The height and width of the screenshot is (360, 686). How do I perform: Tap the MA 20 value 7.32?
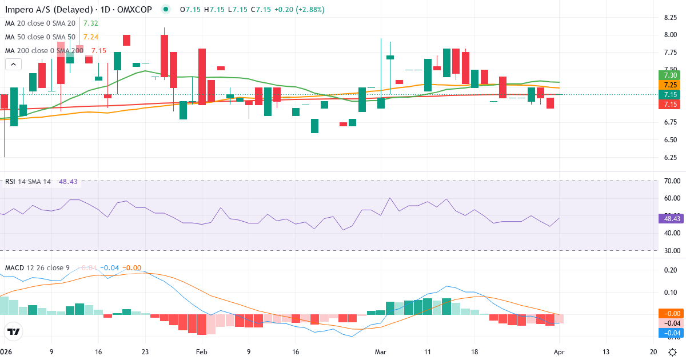91,23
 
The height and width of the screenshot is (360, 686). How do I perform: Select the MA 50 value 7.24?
91,37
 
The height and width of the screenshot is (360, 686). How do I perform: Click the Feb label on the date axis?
201,352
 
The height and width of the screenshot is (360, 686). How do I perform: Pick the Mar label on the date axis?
381,352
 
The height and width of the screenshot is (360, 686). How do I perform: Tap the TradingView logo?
13,331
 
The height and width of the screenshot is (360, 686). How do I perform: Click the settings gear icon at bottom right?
673,352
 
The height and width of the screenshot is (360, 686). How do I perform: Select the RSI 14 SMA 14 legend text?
27,182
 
